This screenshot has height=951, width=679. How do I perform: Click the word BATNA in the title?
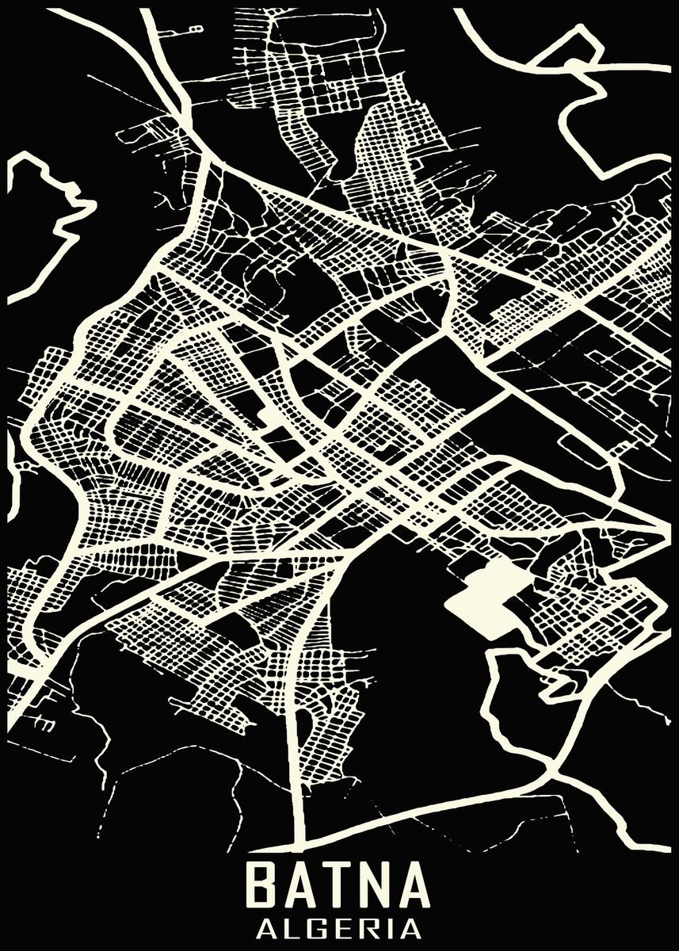pos(338,885)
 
